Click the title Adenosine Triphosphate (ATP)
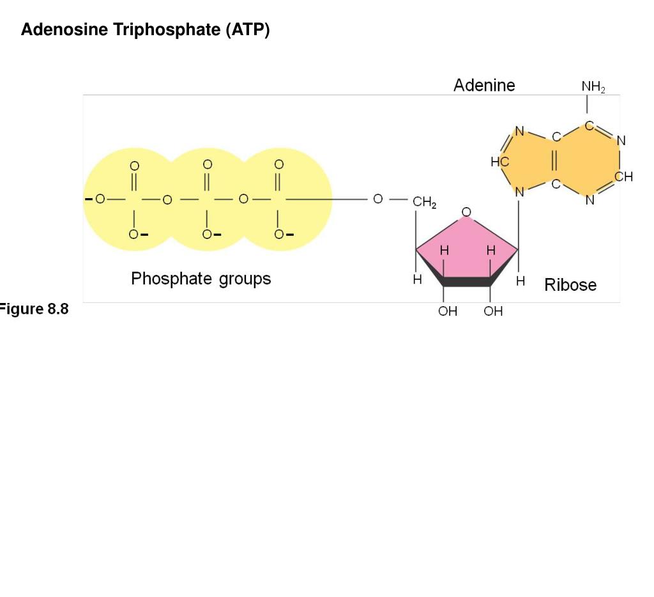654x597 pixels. pos(145,30)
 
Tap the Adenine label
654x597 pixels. pos(484,85)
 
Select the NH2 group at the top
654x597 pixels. pos(593,87)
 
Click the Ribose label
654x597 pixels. pos(570,285)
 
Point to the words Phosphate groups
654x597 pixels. pos(201,279)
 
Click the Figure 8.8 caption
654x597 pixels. pos(34,310)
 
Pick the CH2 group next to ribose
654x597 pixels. pos(425,203)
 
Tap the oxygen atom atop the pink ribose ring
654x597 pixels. pos(466,212)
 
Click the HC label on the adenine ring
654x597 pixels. pos(499,162)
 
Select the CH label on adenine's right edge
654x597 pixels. pos(624,177)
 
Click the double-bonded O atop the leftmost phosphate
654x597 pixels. pos(134,166)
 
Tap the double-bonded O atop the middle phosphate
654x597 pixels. pos(207,164)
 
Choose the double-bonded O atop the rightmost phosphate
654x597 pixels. pos(278,164)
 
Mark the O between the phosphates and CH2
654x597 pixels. pos(377,199)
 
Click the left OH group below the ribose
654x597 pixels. pos(448,311)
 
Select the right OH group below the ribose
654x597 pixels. pos(493,311)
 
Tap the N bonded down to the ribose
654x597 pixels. pos(519,191)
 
